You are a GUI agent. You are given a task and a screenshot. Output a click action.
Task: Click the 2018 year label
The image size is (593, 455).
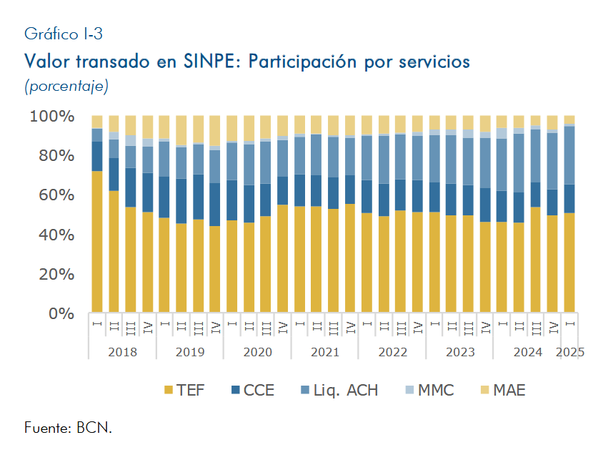(x=122, y=352)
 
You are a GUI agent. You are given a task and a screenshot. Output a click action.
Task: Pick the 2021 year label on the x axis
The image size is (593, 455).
(x=325, y=352)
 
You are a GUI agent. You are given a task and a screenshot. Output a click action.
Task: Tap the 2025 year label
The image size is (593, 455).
(x=569, y=352)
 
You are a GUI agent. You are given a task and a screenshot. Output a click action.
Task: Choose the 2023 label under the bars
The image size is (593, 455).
(x=460, y=352)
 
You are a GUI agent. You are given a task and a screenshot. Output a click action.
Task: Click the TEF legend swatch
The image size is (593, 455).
(x=169, y=391)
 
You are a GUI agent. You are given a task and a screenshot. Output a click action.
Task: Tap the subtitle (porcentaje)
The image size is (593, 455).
(x=66, y=87)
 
